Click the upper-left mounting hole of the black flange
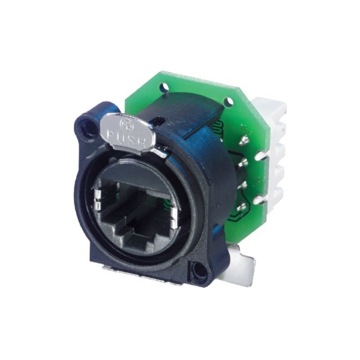click(88, 126)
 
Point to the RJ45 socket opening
click(136, 215)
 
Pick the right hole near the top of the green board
click(229, 101)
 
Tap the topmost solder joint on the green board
click(244, 141)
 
